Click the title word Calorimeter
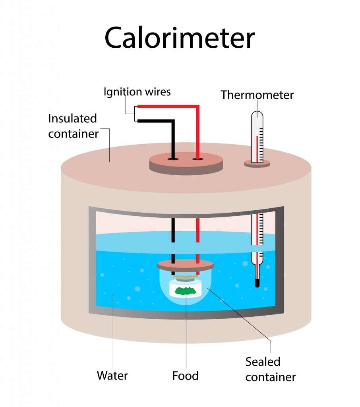[x=179, y=38]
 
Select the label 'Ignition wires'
[x=137, y=92]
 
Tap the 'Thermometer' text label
[x=257, y=95]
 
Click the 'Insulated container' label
[x=73, y=126]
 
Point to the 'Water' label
[x=112, y=375]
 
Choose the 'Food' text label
[x=185, y=375]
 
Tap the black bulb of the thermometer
[x=257, y=283]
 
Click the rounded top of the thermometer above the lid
[x=257, y=116]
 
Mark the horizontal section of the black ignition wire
[x=155, y=120]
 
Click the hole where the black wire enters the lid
[x=173, y=159]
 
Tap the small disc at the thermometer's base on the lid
[x=257, y=163]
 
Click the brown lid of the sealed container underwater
[x=185, y=264]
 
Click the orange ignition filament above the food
[x=185, y=276]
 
